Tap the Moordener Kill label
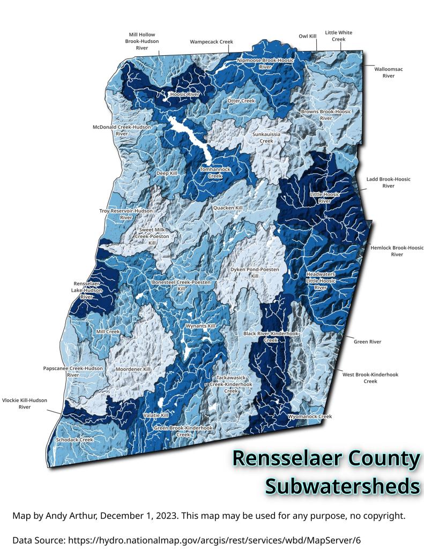(x=133, y=369)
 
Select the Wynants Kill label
(x=200, y=326)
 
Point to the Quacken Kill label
(x=228, y=207)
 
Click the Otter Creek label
(x=241, y=101)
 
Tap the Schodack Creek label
(x=75, y=440)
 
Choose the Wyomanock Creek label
(x=310, y=416)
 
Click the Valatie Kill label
(x=156, y=415)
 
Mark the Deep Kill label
(x=166, y=174)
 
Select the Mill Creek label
(x=108, y=332)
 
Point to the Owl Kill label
(x=308, y=36)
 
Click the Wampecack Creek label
(x=209, y=41)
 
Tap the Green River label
(x=368, y=342)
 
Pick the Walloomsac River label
(x=389, y=72)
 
